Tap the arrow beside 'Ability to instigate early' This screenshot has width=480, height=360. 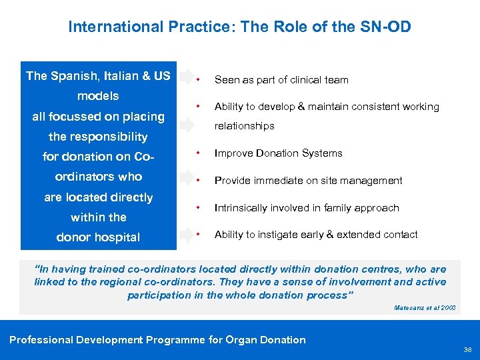(184, 234)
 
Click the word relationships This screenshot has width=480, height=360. (244, 126)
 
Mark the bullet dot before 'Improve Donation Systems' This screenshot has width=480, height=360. (198, 153)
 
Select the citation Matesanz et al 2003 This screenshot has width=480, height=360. (425, 308)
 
